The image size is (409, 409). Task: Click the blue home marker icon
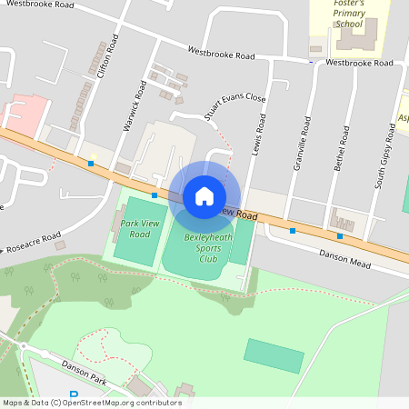point(204,195)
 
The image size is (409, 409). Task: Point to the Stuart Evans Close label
point(234,105)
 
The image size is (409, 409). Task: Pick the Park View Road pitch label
point(135,228)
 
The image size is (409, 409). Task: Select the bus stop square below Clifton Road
point(91,164)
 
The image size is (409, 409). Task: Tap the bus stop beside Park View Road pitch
point(155,195)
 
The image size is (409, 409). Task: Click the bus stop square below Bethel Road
point(340,236)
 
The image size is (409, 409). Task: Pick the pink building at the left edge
point(23,114)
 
